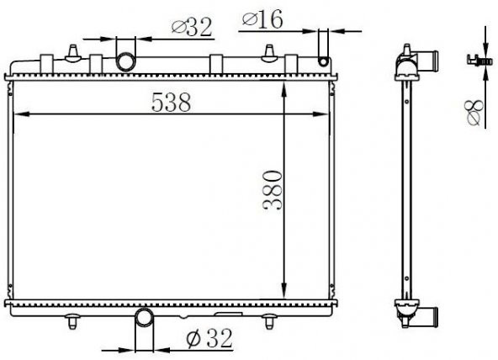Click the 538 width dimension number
coord(171,102)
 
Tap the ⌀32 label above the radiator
coord(192,28)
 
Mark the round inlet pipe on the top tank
coord(125,61)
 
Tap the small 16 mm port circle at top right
coord(322,61)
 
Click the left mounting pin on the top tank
coord(75,53)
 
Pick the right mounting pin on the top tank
coord(268,53)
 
